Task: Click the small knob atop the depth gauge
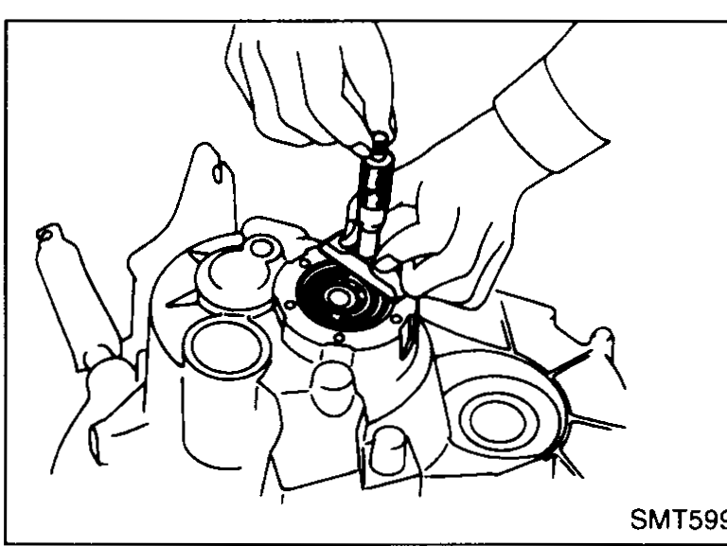[380, 139]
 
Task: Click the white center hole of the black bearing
[339, 297]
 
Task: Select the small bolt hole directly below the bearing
[339, 338]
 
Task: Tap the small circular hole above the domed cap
[261, 248]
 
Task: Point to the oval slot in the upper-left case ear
[218, 173]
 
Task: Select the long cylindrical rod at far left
[77, 296]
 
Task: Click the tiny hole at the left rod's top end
[45, 235]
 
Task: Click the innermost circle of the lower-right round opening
[498, 422]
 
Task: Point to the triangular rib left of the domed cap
[181, 299]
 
